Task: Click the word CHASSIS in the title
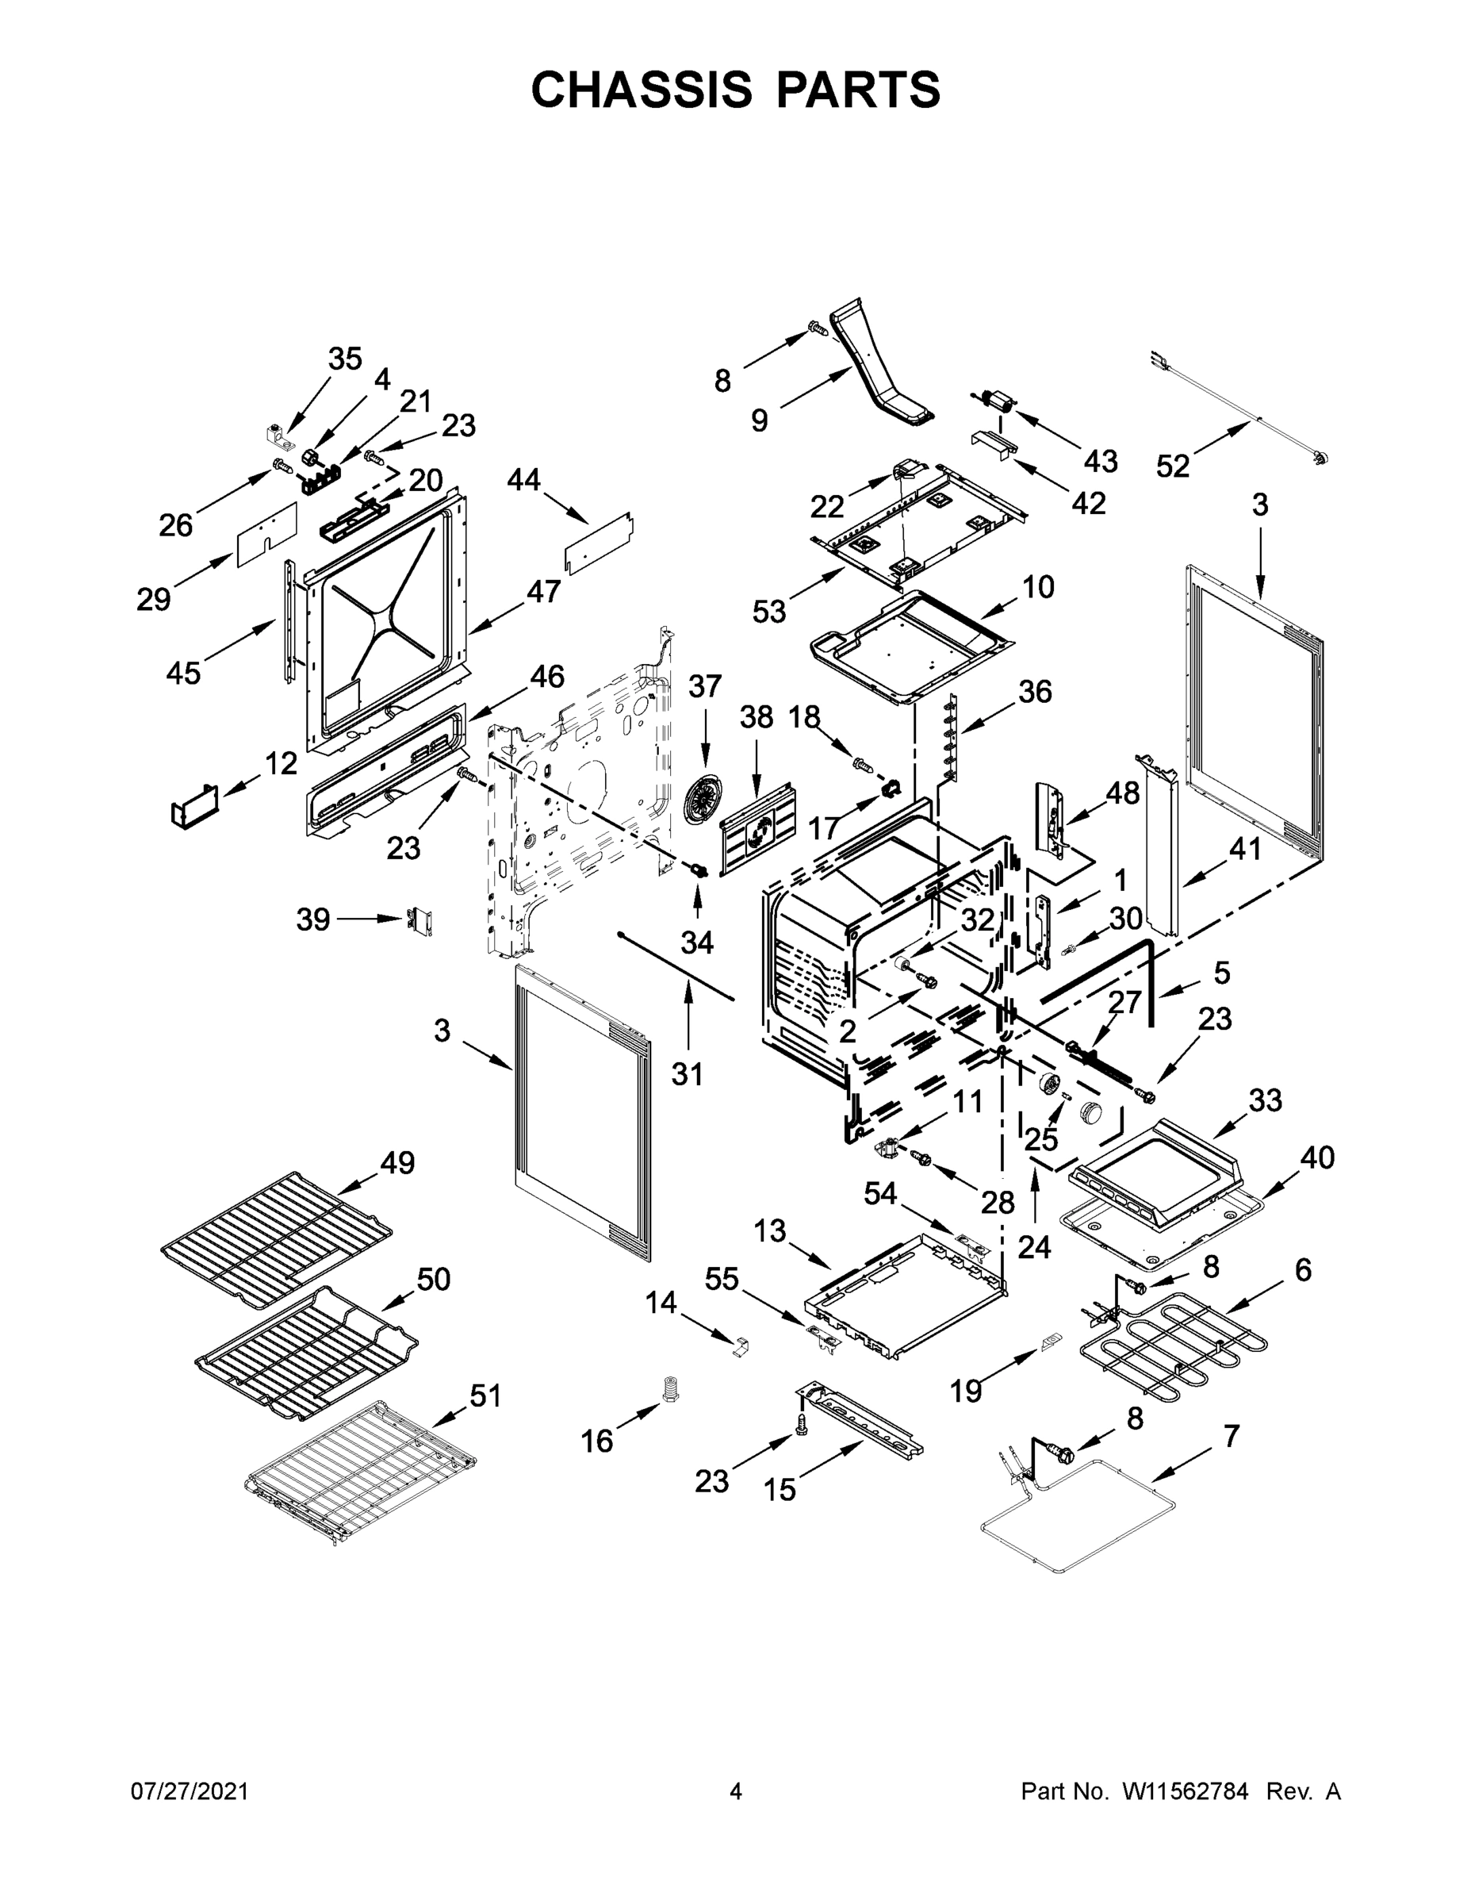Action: tap(642, 89)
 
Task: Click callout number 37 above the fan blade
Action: tap(705, 686)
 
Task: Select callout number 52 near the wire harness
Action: tap(1173, 466)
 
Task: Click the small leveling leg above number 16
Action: tap(670, 1389)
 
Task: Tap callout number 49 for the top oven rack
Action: tap(397, 1162)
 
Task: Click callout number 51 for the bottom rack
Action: tap(485, 1395)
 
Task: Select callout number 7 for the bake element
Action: tap(1231, 1435)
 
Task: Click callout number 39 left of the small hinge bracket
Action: tap(313, 919)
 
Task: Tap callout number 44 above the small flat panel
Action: tap(523, 479)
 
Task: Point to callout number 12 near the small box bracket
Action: tap(281, 764)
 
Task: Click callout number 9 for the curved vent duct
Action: tap(759, 421)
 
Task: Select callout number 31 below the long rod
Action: tap(687, 1075)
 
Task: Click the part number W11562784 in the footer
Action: tap(1186, 1791)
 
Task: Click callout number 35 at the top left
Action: tap(345, 359)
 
